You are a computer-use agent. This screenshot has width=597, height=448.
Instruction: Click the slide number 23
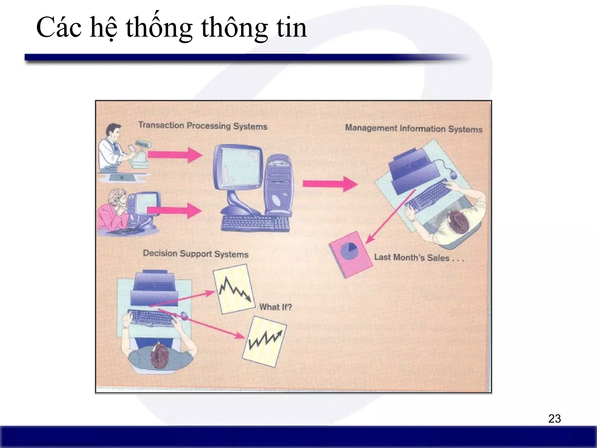(554, 419)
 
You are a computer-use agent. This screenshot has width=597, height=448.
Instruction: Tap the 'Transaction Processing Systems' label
(203, 126)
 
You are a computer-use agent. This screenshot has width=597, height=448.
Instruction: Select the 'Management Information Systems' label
(413, 128)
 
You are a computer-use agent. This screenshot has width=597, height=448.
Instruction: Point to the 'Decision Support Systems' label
(196, 254)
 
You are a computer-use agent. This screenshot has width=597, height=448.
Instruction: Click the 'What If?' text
(275, 307)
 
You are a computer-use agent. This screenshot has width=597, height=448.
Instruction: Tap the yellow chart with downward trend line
(234, 289)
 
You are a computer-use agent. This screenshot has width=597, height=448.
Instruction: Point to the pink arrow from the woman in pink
(174, 210)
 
